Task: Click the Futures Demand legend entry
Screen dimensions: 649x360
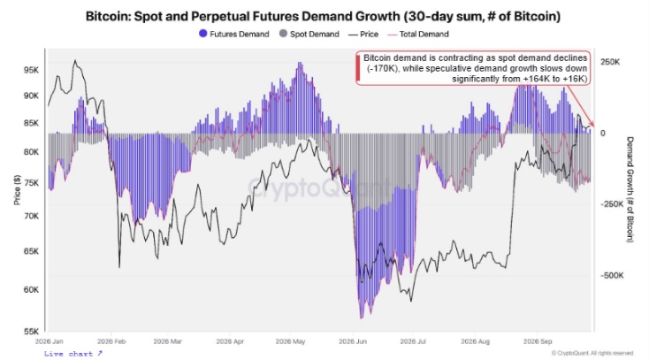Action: coord(233,34)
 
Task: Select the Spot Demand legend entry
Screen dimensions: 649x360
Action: coord(309,34)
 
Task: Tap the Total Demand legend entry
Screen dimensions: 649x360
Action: coord(418,34)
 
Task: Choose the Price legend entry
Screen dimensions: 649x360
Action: coord(363,34)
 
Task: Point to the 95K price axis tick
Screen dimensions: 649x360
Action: coord(32,70)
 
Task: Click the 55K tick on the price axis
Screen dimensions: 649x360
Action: coord(32,332)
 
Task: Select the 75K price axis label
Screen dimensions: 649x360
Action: coord(32,183)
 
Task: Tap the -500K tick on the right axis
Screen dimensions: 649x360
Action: coord(612,275)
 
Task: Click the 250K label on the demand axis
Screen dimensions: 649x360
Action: coord(610,62)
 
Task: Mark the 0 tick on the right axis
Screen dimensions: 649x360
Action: coord(603,133)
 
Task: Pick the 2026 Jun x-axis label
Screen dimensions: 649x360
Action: coord(353,341)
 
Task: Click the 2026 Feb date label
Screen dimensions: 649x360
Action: coord(111,341)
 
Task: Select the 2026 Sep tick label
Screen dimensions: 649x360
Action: coord(538,341)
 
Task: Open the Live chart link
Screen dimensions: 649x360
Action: coord(73,354)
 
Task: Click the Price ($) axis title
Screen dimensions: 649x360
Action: coord(17,190)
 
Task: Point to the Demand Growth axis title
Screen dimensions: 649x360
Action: coord(630,190)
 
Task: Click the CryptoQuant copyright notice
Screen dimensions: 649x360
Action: coord(592,353)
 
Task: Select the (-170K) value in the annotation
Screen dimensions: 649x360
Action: coord(383,68)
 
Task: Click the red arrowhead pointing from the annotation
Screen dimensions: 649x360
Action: coord(592,124)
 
